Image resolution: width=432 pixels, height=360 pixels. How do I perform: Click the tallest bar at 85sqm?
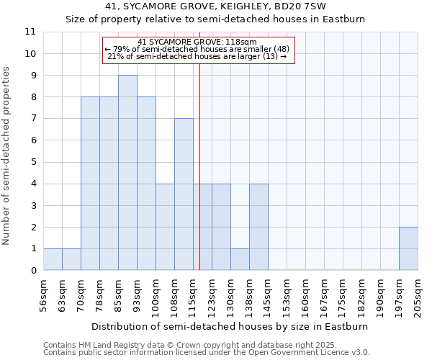tap(127, 173)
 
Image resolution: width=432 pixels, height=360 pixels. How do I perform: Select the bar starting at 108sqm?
tap(184, 194)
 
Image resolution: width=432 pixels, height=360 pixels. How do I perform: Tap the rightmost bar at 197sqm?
tap(408, 248)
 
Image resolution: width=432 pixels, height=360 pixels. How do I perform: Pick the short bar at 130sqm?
tap(240, 259)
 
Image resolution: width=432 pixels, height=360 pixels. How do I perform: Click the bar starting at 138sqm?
tap(258, 227)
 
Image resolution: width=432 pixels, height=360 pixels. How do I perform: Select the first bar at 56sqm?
tap(53, 259)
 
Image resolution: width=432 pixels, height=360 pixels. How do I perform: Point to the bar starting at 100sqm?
tap(165, 227)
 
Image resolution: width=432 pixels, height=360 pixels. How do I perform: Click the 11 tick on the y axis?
tap(30, 32)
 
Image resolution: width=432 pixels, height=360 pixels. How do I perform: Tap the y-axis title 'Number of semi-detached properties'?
tap(6, 156)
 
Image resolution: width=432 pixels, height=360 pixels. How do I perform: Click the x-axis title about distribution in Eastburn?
tap(230, 326)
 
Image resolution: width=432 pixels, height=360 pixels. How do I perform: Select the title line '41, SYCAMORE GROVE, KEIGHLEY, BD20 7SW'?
tap(215, 6)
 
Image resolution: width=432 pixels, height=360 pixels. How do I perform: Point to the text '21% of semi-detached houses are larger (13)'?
tap(197, 56)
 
